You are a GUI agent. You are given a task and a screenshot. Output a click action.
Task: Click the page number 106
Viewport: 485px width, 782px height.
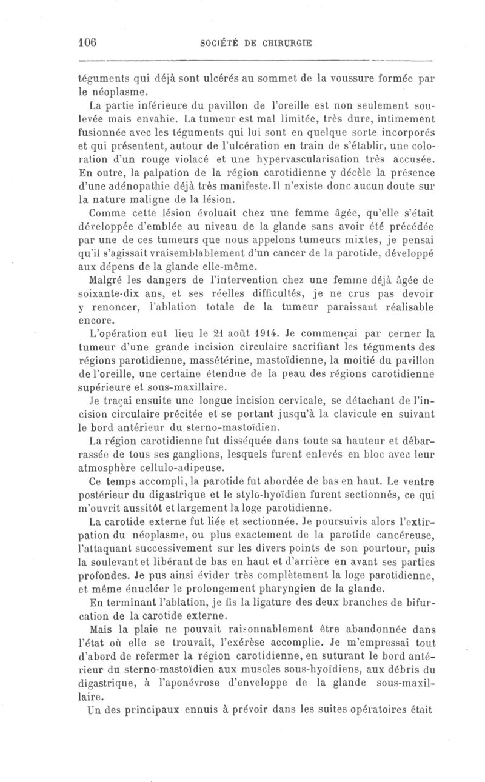tap(89, 43)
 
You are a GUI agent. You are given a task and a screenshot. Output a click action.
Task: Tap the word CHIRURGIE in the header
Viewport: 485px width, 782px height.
tap(287, 44)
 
